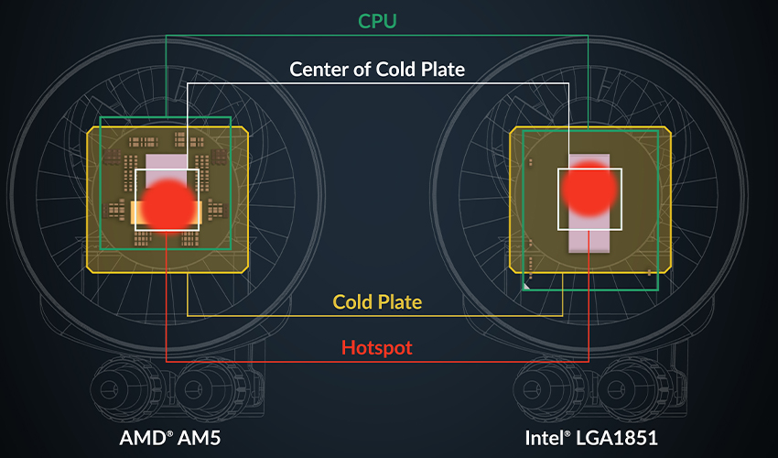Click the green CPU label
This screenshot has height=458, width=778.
click(377, 21)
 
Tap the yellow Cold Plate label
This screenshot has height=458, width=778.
click(377, 302)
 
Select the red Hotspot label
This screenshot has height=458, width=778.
click(376, 348)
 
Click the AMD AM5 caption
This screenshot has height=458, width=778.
click(170, 438)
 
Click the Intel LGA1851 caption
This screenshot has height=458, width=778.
click(591, 438)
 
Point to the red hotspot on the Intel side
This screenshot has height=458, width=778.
click(589, 189)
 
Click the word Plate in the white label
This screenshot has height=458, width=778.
click(443, 70)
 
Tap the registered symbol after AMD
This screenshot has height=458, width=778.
click(169, 433)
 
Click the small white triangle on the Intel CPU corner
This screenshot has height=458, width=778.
click(526, 286)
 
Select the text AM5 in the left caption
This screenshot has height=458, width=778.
click(199, 438)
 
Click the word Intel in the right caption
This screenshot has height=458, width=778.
click(544, 438)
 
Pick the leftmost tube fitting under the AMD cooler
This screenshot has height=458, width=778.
click(113, 388)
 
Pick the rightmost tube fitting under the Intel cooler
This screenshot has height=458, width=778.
click(621, 388)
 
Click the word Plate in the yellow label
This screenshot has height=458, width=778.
click(400, 302)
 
